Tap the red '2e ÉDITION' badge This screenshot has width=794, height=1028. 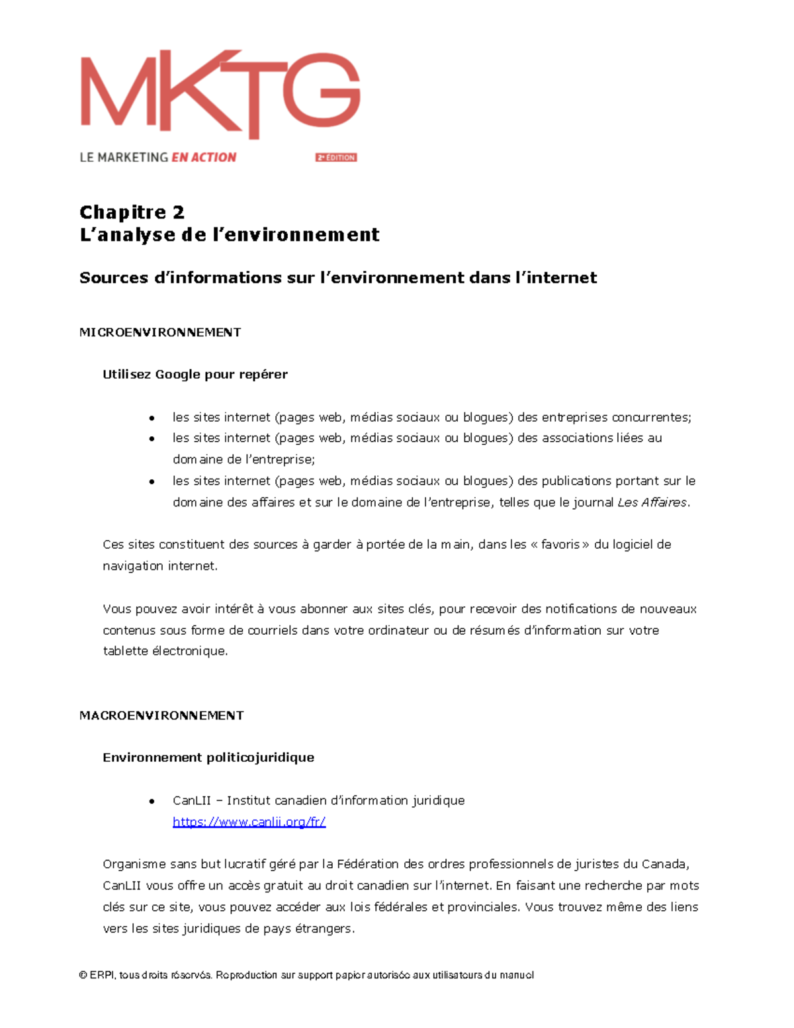coord(336,158)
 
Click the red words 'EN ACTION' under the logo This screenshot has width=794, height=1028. coord(204,158)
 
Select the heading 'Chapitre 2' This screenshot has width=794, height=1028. coord(132,212)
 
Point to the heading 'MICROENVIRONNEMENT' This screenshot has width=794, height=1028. coord(160,332)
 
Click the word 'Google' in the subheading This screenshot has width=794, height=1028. coord(177,375)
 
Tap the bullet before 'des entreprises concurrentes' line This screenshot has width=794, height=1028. coord(152,418)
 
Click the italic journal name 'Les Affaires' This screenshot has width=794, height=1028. coord(652,502)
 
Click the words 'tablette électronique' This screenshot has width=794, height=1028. coord(165,651)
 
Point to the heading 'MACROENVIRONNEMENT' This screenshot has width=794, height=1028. coord(161,716)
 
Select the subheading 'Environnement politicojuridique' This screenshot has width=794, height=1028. coord(208,758)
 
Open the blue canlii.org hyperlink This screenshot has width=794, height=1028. coord(249,822)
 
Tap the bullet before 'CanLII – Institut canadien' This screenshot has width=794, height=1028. coord(152,802)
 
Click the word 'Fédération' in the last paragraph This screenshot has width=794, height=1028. coord(368,864)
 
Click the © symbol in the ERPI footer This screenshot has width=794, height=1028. coord(83,975)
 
